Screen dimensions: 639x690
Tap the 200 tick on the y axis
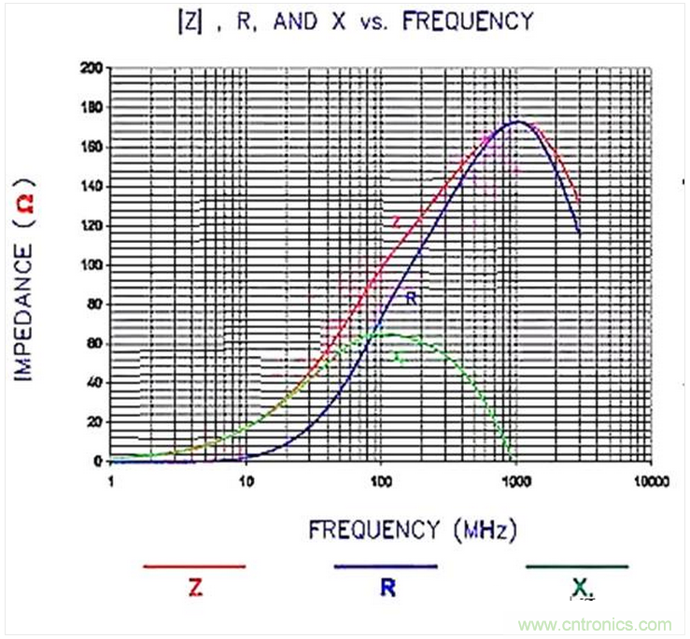pos(91,69)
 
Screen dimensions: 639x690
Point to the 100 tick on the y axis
pos(91,265)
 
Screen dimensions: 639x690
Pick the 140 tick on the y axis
pos(91,187)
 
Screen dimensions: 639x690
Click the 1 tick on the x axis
pos(111,481)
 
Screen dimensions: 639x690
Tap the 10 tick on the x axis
pos(245,481)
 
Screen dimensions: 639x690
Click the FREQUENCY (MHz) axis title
pos(412,530)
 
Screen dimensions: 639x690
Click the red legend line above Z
pos(193,566)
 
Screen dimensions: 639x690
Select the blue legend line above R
pos(385,566)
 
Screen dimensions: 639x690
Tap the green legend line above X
pos(576,566)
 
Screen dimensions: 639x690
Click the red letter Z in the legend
pos(193,589)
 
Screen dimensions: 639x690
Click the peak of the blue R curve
pos(516,121)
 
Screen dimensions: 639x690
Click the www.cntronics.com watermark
pos(598,624)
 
